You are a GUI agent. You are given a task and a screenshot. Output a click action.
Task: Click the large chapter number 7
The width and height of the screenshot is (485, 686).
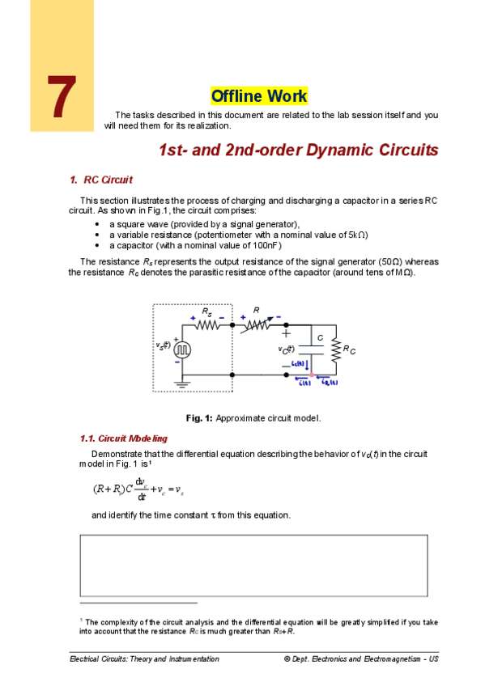tap(62, 99)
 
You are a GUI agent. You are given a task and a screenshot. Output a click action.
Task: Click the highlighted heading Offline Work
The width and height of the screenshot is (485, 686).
tap(259, 96)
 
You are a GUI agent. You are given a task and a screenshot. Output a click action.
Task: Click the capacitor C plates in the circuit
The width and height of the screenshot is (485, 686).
tap(312, 350)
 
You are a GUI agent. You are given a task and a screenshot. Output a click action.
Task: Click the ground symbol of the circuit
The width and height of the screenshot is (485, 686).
tap(181, 385)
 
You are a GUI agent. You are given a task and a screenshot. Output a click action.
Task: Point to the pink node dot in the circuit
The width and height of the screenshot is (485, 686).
tap(312, 375)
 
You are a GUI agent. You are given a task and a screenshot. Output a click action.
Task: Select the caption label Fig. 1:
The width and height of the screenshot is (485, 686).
tap(199, 418)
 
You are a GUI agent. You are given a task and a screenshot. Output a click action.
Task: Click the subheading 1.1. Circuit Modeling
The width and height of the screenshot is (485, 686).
tap(124, 438)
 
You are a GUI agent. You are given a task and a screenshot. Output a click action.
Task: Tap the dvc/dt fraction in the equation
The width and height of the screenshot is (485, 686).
tap(139, 489)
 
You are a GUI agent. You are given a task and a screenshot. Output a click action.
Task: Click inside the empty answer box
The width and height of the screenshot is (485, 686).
tap(253, 565)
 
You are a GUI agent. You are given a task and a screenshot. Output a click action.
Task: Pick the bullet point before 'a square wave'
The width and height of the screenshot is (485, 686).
tap(98, 224)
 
